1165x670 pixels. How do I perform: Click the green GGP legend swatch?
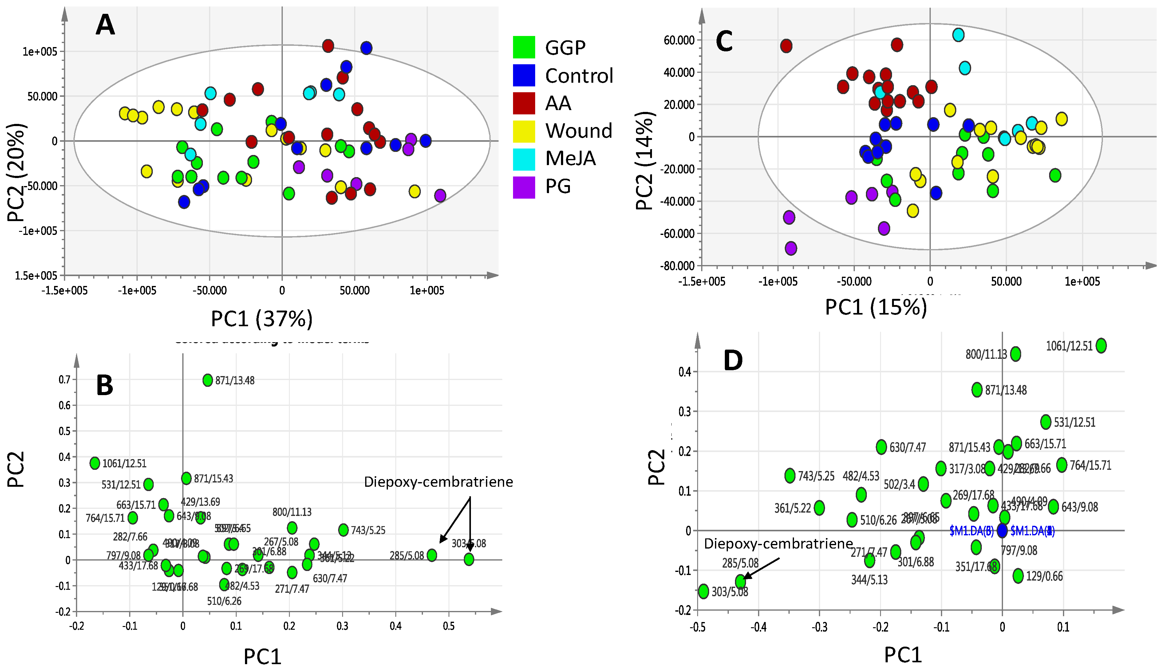[x=524, y=47]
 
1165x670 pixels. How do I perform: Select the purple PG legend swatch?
[x=524, y=187]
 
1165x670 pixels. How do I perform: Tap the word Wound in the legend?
[x=579, y=131]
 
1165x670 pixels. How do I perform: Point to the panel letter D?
[x=733, y=360]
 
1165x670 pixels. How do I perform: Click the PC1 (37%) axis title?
[x=262, y=319]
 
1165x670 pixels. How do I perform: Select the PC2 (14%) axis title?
[x=645, y=161]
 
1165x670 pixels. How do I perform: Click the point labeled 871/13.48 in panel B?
[x=208, y=380]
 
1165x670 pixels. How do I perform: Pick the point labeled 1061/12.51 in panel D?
[x=1101, y=346]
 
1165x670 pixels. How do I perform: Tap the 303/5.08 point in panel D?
[x=704, y=591]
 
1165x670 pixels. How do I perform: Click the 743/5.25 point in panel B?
[x=343, y=530]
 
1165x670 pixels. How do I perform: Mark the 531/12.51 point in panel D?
[x=1046, y=422]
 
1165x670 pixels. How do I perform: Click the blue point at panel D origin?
[x=1002, y=531]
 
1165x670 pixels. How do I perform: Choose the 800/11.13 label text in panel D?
[x=986, y=354]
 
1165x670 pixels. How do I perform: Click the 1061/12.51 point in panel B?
[x=95, y=463]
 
